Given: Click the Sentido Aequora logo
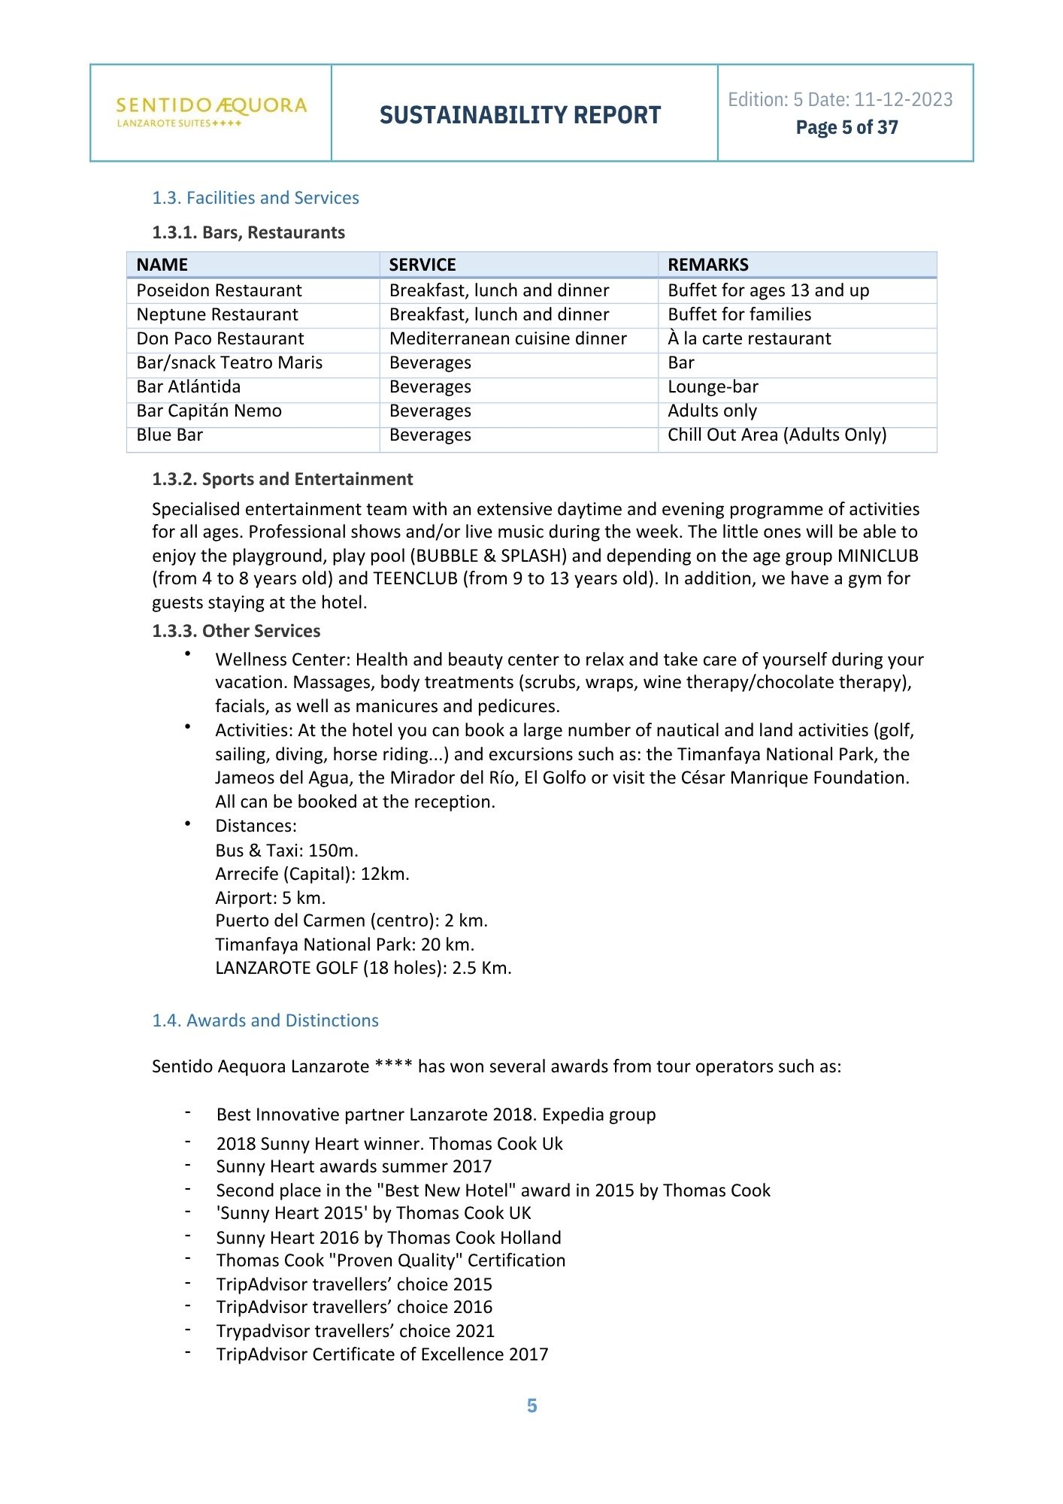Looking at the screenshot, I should point(211,111).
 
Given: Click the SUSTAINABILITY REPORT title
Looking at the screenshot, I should point(520,115).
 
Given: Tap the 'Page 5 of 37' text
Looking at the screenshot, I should point(846,127).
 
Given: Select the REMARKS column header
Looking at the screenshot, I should point(708,265).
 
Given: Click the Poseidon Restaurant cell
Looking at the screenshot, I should point(219,290).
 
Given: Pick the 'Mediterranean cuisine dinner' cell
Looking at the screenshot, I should point(507,338).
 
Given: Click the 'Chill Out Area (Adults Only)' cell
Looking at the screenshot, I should point(777,435).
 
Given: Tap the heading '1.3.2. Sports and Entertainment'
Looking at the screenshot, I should point(282,479).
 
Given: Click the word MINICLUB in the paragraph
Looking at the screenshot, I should point(877,556).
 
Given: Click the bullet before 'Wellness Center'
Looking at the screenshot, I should point(187,654).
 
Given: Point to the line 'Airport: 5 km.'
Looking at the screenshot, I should point(270,898).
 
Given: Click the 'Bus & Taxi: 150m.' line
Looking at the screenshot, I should point(286,851).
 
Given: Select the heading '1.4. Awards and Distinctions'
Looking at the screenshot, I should point(265,1020).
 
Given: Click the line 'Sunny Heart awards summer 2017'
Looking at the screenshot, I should point(353,1166).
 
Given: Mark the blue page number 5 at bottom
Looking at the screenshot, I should point(531,1405).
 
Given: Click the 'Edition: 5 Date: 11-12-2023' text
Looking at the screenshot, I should point(840,99).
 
